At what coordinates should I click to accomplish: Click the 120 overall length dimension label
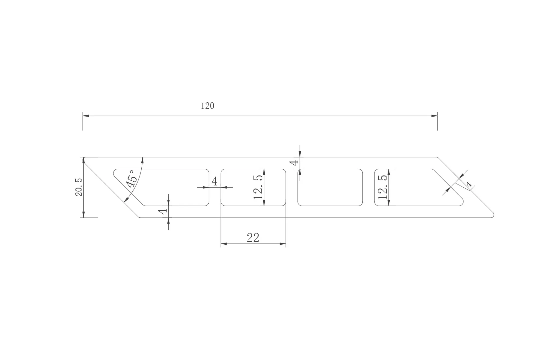(207, 106)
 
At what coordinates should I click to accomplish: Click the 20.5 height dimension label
(79, 187)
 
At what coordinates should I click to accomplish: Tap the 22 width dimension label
(253, 238)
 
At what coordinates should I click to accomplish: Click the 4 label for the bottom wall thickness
(163, 211)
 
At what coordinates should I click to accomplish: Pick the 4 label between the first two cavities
(215, 181)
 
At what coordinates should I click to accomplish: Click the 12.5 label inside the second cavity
(258, 187)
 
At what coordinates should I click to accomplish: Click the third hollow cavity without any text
(330, 187)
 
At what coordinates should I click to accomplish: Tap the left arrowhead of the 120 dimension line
(86, 116)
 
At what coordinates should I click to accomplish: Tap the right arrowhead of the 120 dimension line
(434, 116)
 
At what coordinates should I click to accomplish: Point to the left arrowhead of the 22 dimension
(224, 244)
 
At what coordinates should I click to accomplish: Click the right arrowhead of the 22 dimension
(283, 244)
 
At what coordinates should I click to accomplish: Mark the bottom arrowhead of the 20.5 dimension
(83, 215)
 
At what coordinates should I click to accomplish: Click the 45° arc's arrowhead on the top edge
(142, 160)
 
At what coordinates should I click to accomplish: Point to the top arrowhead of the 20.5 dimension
(83, 160)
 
